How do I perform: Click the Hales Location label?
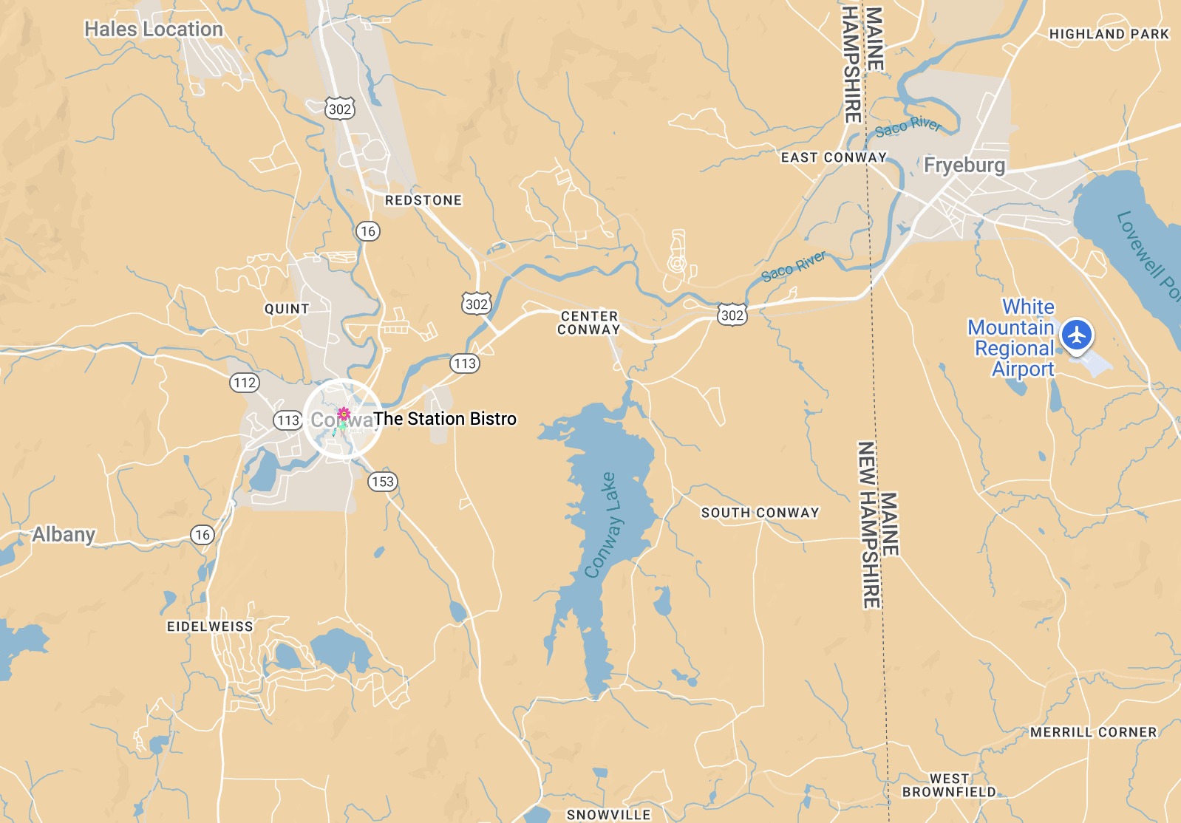tap(154, 30)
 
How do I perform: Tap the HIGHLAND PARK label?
tap(1109, 34)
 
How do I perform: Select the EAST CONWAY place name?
tap(834, 157)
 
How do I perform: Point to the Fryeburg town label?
tap(964, 165)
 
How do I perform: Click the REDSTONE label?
tap(423, 200)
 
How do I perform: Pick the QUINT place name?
tap(287, 309)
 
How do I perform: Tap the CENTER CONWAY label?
tap(589, 323)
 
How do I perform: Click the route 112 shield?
tap(245, 383)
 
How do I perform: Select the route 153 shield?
tap(383, 482)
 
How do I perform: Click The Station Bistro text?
tap(445, 419)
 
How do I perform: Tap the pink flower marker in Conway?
tap(344, 414)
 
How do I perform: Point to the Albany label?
tap(64, 534)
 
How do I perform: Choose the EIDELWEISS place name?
tap(210, 626)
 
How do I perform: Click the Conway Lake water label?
tap(600, 525)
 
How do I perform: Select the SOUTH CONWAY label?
tap(760, 513)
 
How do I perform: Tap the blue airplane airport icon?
tap(1077, 335)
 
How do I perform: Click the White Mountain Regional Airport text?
tap(1012, 338)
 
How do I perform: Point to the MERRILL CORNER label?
tap(1093, 732)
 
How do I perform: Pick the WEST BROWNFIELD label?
tap(949, 785)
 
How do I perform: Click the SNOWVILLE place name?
tap(608, 814)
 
